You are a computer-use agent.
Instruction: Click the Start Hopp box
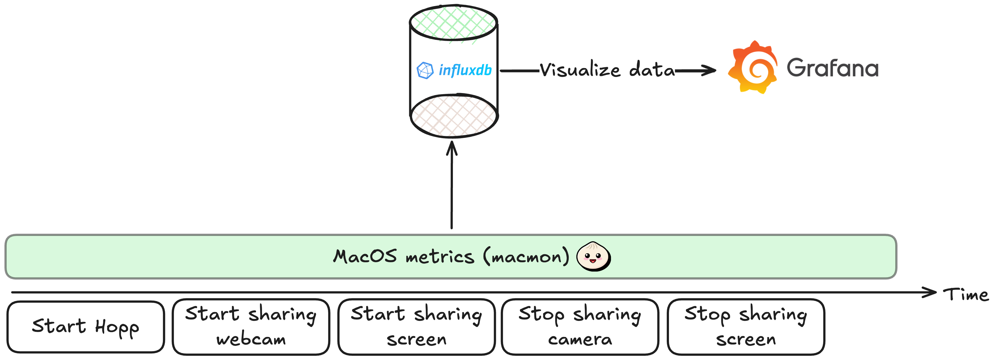click(85, 327)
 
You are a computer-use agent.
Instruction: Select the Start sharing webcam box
click(251, 327)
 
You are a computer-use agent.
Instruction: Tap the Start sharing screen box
click(416, 327)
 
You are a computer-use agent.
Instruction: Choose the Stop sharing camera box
click(580, 327)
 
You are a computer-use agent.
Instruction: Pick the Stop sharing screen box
click(746, 327)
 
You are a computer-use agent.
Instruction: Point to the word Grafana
click(832, 68)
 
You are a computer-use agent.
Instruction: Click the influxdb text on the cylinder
click(465, 70)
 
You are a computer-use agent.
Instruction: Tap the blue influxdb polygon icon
click(425, 70)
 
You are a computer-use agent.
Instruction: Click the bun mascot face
click(593, 256)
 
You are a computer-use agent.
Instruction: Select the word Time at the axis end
click(966, 295)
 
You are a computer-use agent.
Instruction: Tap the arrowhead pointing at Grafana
click(709, 70)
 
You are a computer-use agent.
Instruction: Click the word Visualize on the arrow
click(580, 70)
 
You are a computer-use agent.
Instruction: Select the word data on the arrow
click(652, 70)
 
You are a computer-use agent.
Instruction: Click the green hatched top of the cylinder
click(453, 22)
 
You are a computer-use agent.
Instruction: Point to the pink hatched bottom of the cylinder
click(454, 115)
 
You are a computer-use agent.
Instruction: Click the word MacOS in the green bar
click(365, 256)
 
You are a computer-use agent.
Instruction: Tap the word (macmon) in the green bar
click(526, 256)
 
